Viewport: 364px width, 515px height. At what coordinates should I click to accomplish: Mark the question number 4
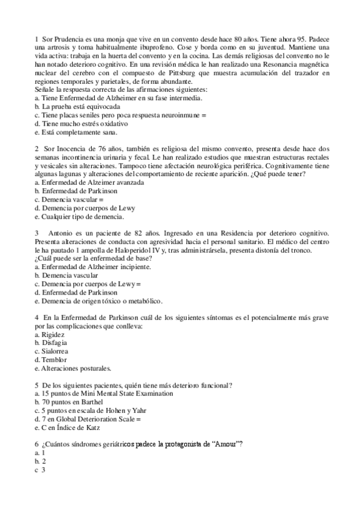(x=37, y=317)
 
